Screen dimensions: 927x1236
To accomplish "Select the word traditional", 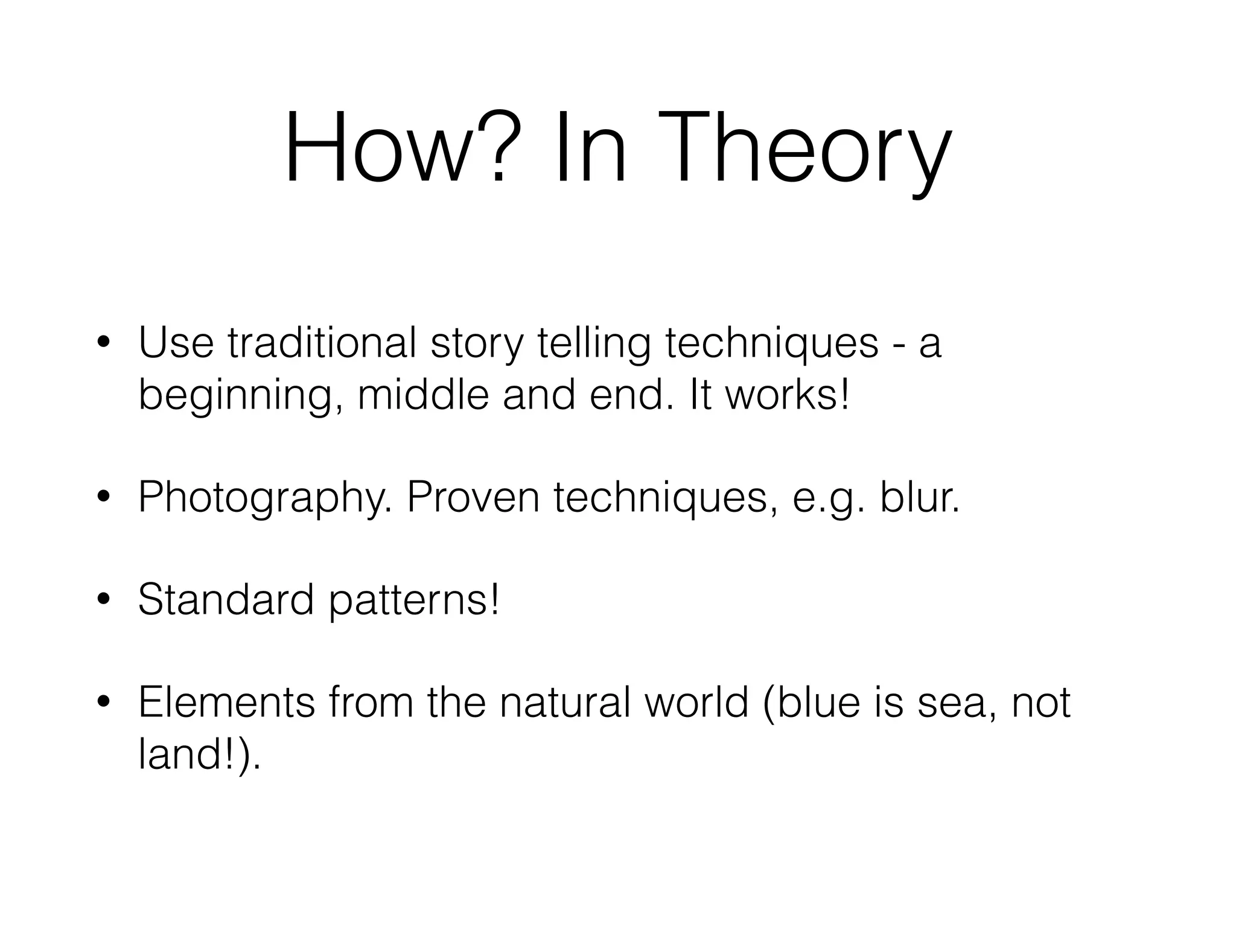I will [322, 343].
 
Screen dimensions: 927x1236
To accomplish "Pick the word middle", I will [422, 395].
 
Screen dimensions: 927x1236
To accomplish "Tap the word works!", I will [787, 395].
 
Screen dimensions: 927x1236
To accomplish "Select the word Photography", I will [264, 499].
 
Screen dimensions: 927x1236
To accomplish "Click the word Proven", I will [473, 497].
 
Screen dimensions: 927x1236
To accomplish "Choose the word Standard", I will [226, 600].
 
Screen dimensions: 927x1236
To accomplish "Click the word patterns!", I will [415, 601].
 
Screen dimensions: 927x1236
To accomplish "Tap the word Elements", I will [227, 702].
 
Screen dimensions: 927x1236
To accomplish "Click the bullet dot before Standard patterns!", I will [104, 600].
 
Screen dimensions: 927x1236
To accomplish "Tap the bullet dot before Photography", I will [104, 497].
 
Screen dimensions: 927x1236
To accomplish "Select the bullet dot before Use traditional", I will [104, 343].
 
